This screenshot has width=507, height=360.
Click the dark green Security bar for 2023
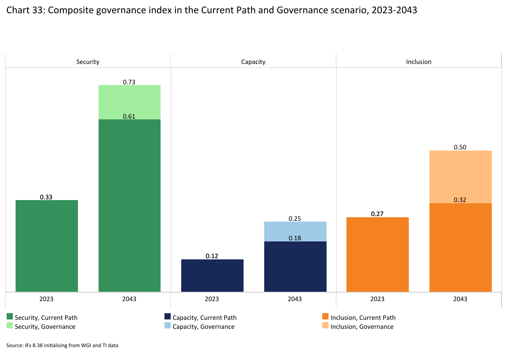click(47, 246)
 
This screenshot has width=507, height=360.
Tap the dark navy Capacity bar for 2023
click(212, 275)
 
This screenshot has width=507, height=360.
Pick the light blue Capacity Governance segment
click(295, 231)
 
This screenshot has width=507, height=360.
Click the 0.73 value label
click(129, 82)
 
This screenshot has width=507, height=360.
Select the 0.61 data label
click(129, 116)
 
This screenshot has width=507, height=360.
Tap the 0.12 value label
click(212, 256)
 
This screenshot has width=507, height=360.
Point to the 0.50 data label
click(460, 147)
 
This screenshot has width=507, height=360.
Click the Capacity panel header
click(253, 62)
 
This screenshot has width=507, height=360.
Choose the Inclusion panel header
click(419, 62)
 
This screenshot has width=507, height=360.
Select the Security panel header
click(88, 62)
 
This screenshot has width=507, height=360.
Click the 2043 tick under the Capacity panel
click(295, 299)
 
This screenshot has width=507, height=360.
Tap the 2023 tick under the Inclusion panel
click(377, 299)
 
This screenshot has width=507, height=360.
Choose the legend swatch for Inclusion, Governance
click(325, 326)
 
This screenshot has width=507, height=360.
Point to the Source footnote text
click(62, 345)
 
